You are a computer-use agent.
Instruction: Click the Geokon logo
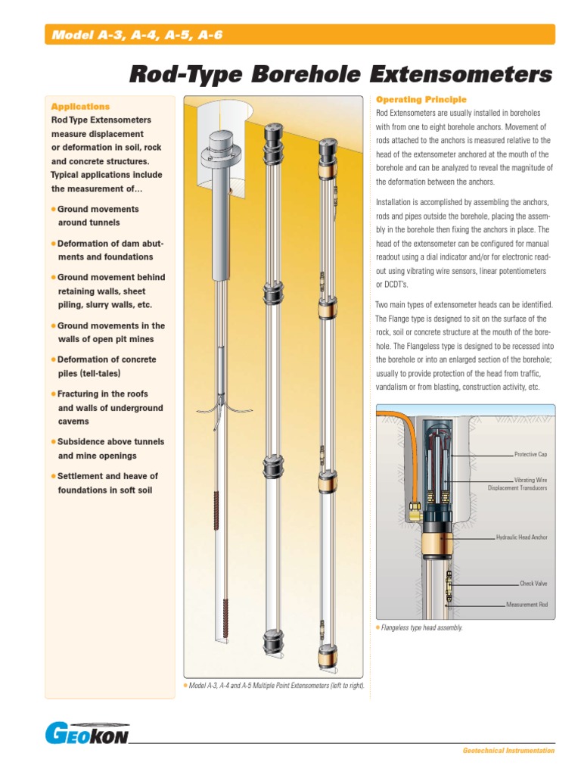pos(86,734)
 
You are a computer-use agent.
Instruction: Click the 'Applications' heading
pos(80,107)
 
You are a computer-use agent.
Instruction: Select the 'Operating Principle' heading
pos(421,99)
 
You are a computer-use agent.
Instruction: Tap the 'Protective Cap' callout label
pos(530,454)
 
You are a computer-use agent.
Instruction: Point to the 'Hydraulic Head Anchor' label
pos(521,537)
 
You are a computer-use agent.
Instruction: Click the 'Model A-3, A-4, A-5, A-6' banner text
pos(137,35)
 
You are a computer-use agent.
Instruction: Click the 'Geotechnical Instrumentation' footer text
pos(508,751)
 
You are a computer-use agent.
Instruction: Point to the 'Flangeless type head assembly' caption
pos(422,628)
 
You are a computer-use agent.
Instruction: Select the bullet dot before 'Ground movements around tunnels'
pos(53,209)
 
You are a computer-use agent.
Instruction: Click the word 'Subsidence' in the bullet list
pos(82,442)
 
